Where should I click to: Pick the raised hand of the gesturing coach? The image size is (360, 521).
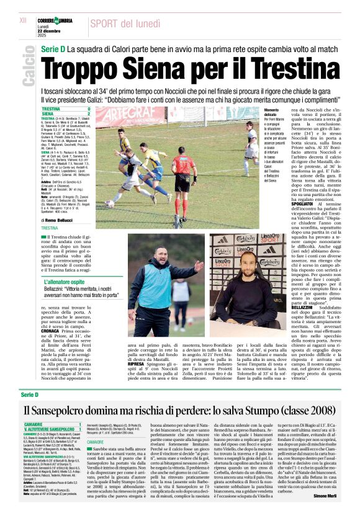tap(198, 265)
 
